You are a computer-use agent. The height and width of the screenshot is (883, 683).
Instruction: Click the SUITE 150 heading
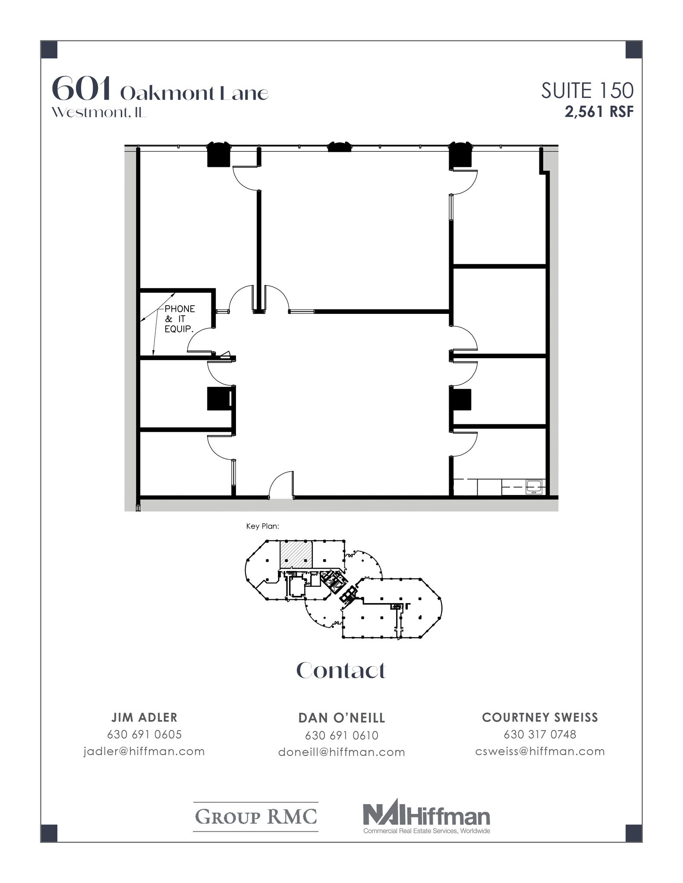pyautogui.click(x=587, y=91)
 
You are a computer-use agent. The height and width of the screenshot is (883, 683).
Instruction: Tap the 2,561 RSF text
pyautogui.click(x=599, y=112)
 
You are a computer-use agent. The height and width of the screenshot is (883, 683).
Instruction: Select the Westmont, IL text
pyautogui.click(x=99, y=113)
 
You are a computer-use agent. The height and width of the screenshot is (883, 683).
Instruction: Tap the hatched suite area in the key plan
pyautogui.click(x=296, y=554)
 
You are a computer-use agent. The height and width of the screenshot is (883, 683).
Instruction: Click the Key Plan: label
pyautogui.click(x=263, y=526)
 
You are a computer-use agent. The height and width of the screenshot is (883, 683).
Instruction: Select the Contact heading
pyautogui.click(x=341, y=670)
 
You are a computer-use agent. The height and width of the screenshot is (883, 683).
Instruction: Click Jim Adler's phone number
pyautogui.click(x=145, y=734)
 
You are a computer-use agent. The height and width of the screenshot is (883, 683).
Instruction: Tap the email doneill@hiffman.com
pyautogui.click(x=341, y=752)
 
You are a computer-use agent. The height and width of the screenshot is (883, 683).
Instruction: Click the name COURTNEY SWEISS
pyautogui.click(x=540, y=717)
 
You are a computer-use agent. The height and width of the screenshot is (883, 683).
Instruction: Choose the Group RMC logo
pyautogui.click(x=256, y=817)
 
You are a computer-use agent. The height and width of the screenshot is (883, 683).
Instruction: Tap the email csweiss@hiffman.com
pyautogui.click(x=540, y=751)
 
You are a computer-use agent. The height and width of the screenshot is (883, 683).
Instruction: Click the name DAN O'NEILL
pyautogui.click(x=341, y=718)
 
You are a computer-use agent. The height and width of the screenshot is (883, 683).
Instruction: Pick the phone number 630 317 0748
pyautogui.click(x=540, y=734)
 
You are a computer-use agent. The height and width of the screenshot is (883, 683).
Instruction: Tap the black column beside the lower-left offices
pyautogui.click(x=218, y=398)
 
